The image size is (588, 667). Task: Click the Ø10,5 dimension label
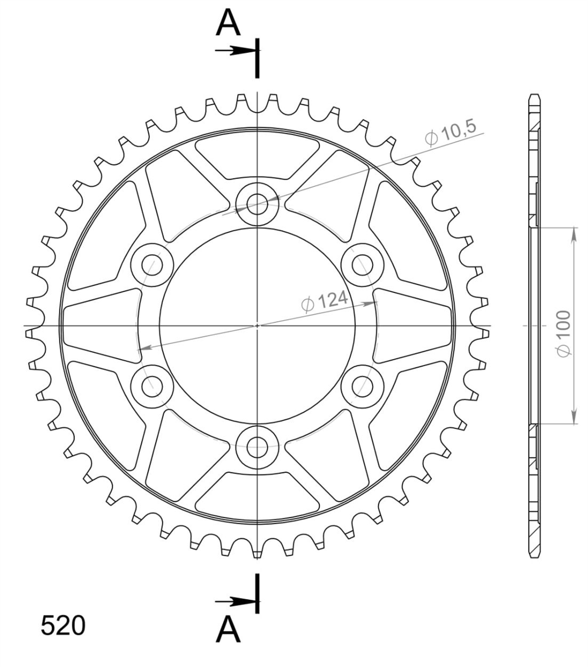(450, 133)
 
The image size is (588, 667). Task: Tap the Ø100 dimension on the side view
(564, 333)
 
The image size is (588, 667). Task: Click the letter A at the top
(228, 23)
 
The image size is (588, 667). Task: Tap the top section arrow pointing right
(235, 51)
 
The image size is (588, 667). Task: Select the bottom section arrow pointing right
(235, 601)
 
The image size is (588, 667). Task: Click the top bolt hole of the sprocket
(257, 204)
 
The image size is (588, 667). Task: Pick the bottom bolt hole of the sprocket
(257, 448)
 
